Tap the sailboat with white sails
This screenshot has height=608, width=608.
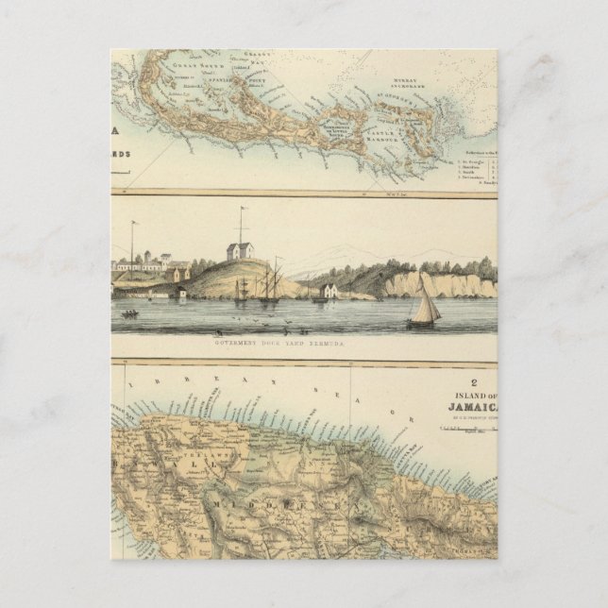click(x=424, y=308)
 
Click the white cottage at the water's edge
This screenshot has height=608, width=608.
click(x=328, y=291)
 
